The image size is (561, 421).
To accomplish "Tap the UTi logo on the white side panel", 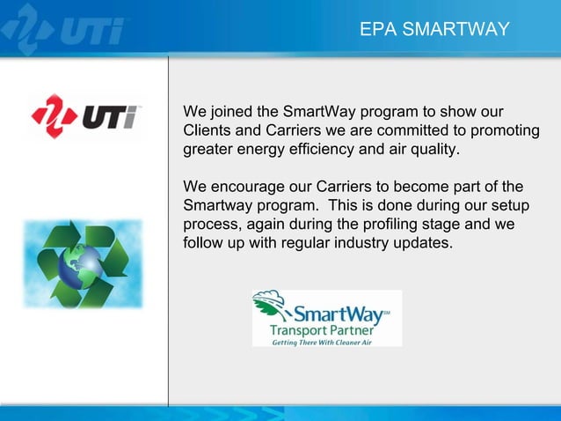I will [x=84, y=115].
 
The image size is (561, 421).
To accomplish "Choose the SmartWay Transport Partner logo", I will [x=326, y=318].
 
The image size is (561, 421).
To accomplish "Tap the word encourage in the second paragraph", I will [x=246, y=188].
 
